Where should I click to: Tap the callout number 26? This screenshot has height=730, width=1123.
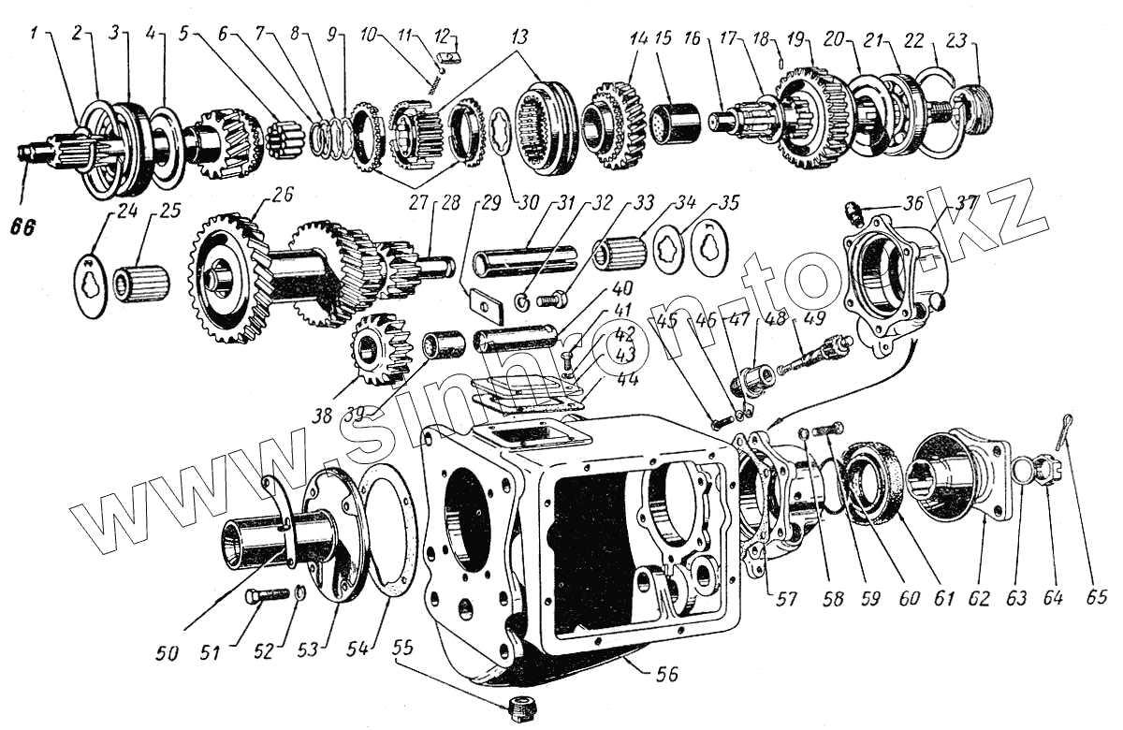pos(282,195)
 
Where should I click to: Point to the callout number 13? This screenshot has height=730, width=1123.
pos(519,37)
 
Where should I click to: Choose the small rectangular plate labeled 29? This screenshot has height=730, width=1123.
pos(483,304)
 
